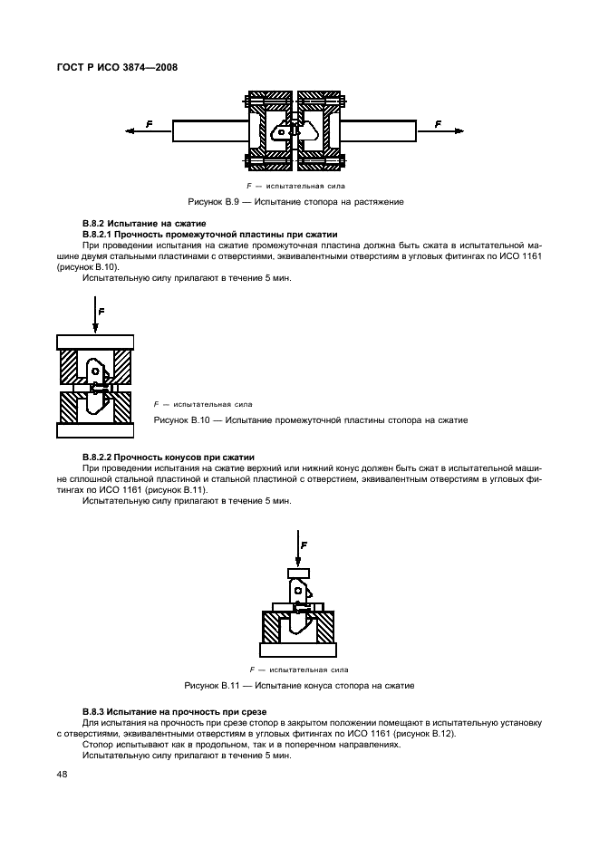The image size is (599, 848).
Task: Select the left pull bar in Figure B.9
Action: [x=208, y=131]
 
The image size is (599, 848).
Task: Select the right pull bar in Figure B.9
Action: [x=380, y=131]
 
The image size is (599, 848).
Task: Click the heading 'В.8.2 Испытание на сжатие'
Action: [x=144, y=223]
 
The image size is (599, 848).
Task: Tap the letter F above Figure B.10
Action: [x=101, y=311]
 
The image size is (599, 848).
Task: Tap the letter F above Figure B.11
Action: [x=304, y=545]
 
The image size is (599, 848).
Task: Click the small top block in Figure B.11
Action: [x=298, y=572]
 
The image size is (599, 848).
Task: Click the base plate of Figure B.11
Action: [x=298, y=649]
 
